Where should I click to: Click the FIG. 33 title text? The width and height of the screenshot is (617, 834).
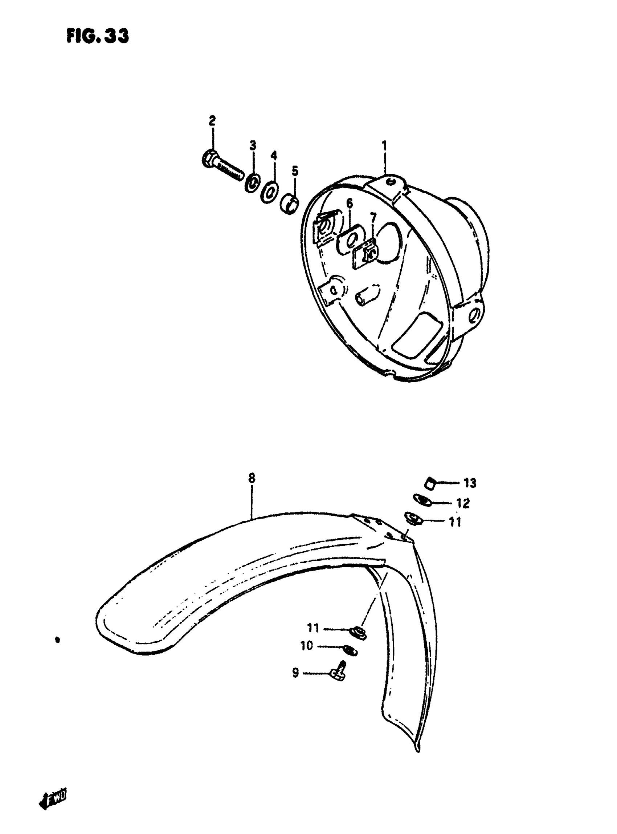click(x=98, y=37)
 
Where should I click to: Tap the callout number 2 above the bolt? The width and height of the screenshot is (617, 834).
click(x=212, y=121)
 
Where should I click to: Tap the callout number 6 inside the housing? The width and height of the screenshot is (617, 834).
click(x=349, y=204)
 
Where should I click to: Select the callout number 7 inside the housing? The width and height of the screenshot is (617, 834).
click(x=373, y=217)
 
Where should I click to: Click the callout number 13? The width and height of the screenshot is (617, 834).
click(x=470, y=483)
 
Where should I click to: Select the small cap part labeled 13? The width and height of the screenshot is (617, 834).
click(x=431, y=484)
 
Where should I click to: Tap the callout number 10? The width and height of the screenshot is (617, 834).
click(x=307, y=645)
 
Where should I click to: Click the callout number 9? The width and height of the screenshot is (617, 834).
click(x=295, y=673)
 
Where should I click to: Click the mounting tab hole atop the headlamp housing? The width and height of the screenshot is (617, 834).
click(x=390, y=182)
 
